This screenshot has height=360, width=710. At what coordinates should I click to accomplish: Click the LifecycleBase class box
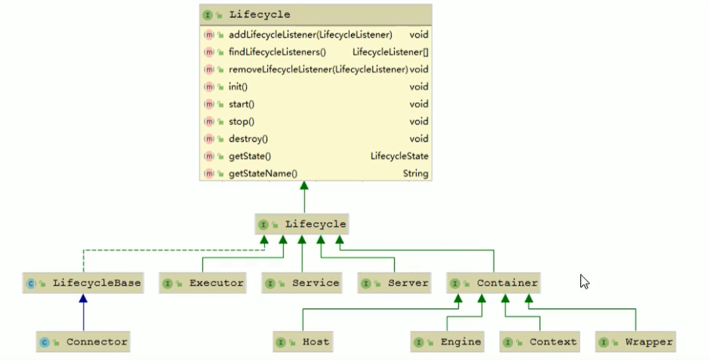point(83,283)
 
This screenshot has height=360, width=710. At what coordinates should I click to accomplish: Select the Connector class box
point(83,342)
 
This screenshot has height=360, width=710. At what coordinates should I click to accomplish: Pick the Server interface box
point(395,283)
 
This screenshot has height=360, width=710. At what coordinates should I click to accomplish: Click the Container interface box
point(493,283)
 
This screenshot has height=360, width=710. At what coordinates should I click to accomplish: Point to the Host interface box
point(303,342)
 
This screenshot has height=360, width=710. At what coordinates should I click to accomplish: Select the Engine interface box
point(447,342)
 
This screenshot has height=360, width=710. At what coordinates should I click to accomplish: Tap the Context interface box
point(540,342)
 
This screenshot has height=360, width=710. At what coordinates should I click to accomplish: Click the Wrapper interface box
point(636,342)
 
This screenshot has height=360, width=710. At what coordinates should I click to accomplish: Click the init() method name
point(238,87)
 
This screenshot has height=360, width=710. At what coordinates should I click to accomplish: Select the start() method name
point(241,104)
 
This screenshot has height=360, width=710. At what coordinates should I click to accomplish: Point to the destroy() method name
point(248,139)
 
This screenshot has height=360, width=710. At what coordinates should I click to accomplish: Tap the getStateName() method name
point(262,174)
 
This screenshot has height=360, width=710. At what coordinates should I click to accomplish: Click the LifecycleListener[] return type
point(390,52)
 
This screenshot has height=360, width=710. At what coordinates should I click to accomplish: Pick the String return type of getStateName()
point(415,174)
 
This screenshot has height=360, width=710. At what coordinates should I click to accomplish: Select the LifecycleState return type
point(399,156)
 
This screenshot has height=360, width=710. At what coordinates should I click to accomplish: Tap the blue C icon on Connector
point(45,342)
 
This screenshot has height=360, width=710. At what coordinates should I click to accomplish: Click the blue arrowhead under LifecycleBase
point(83,299)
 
